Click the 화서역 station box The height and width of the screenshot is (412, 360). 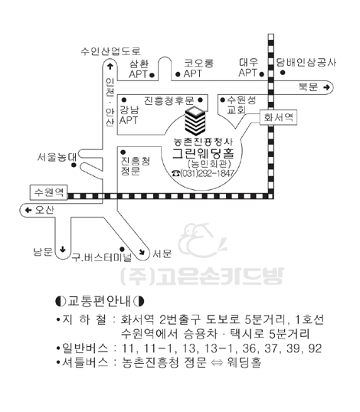coord(278,117)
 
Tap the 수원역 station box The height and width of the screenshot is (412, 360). coord(49,192)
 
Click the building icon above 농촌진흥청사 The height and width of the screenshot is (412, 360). coord(195,121)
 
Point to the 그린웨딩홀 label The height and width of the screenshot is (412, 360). coord(203,154)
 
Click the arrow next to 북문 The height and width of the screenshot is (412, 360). coord(326,87)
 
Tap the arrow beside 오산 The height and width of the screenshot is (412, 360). coord(28,210)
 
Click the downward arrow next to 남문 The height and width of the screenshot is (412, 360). coord(63,249)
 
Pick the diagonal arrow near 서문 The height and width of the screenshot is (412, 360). coord(142,252)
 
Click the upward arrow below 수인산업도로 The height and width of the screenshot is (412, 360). coord(110,66)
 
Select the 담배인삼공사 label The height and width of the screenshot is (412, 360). coord(306,63)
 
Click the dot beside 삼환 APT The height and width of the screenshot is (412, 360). coord(152,75)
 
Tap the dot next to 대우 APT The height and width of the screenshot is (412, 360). coord(261,74)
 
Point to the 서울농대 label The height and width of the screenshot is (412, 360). coord(57,157)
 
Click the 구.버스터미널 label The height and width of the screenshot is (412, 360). coord(102,257)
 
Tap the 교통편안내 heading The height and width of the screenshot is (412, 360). coord(100,301)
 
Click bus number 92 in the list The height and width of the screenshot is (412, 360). coord(315,348)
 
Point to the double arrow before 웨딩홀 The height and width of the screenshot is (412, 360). coord(217,363)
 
